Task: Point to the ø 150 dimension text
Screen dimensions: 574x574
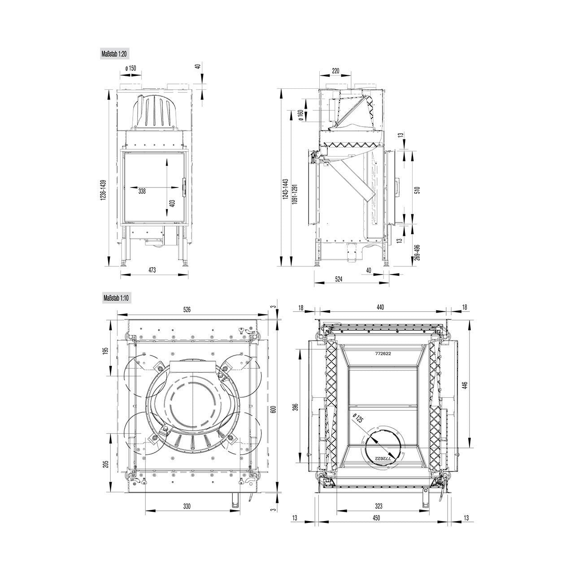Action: click(131, 68)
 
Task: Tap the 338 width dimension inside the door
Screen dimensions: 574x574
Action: click(142, 191)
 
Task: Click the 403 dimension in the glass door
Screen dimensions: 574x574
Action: click(173, 204)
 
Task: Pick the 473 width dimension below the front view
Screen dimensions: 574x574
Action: click(152, 270)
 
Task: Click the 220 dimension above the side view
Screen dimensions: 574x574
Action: click(335, 70)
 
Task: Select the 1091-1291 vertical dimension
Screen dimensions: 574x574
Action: click(295, 194)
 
